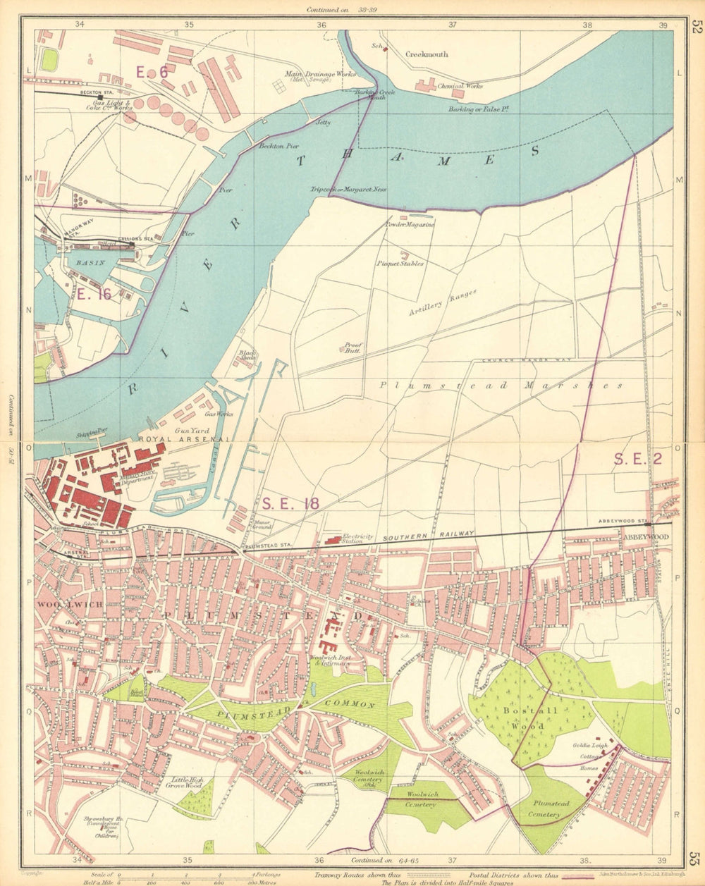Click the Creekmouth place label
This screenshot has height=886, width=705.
pos(427,54)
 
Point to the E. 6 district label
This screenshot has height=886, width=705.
pos(152,71)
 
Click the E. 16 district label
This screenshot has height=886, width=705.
pos(95,295)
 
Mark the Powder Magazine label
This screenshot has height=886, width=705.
pos(410,225)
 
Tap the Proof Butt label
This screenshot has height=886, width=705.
pos(353,347)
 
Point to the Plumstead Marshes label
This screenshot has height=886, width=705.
pos(501,386)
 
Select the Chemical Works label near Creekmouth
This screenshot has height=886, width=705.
pos(460,86)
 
